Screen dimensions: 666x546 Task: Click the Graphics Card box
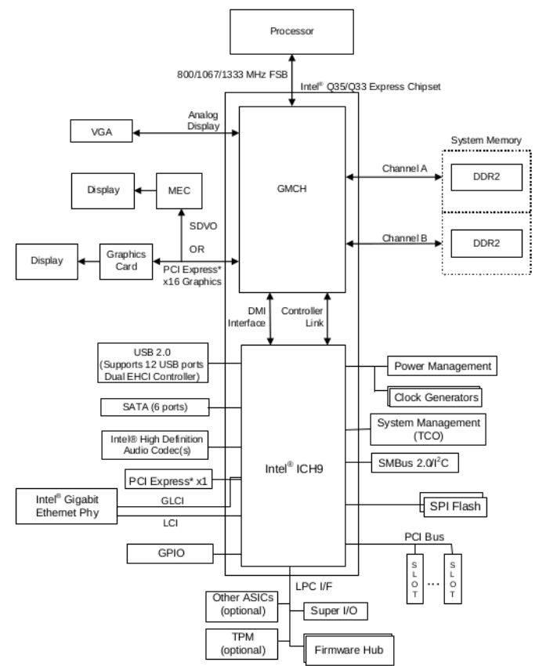(127, 260)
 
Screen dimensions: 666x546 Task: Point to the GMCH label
(292, 189)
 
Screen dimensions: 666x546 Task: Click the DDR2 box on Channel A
(485, 177)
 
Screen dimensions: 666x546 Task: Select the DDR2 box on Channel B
(485, 244)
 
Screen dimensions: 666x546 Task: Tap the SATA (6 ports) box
(154, 407)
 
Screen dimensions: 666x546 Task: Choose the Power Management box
(443, 366)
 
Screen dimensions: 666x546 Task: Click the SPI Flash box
(452, 506)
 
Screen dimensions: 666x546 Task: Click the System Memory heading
(486, 140)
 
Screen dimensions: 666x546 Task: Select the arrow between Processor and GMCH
(291, 78)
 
